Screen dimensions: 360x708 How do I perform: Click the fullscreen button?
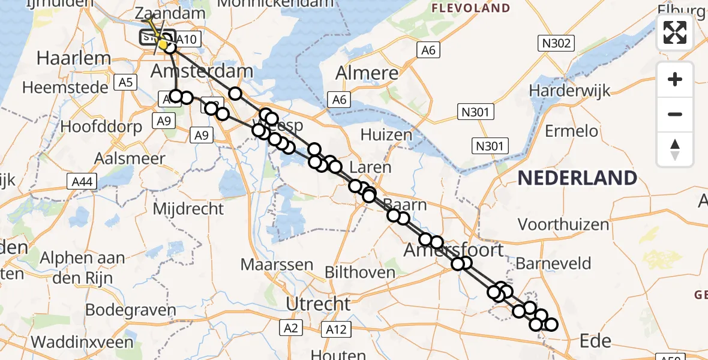[x=675, y=32]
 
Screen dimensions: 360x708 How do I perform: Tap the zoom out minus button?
[x=675, y=114]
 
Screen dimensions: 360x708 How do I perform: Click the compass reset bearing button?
[x=675, y=149]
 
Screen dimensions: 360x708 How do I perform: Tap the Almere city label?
[x=367, y=73]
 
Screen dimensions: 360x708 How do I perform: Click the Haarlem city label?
[x=74, y=58]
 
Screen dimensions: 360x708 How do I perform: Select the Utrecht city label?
[x=318, y=304]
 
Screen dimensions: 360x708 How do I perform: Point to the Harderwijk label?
[x=569, y=91]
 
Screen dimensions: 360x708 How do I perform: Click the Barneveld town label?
[x=553, y=263]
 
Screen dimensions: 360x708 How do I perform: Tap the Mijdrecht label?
[x=188, y=209]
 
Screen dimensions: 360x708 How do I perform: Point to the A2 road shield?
[x=290, y=328]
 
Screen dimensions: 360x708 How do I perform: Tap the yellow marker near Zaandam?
[x=163, y=44]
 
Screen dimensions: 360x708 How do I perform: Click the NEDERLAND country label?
[x=577, y=178]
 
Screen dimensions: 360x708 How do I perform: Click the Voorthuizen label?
[x=555, y=224]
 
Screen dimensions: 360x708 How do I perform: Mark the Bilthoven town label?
[x=359, y=272]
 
